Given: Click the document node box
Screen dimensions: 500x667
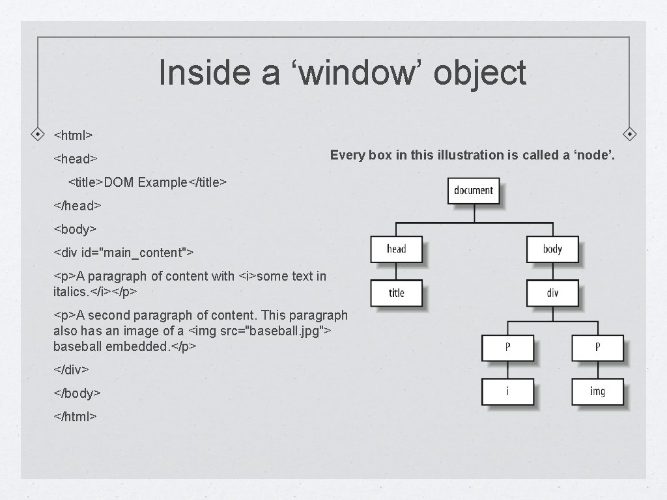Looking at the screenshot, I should (x=474, y=191).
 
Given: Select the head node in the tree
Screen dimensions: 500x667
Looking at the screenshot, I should (x=396, y=249).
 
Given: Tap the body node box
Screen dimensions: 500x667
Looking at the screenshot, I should (x=552, y=249).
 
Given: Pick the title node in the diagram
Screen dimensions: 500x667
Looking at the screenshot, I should (x=396, y=293).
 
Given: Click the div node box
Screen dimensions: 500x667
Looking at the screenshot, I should (x=552, y=293).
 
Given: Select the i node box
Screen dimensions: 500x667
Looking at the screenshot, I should (x=507, y=391).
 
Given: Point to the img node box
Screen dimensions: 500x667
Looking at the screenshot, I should (x=597, y=391).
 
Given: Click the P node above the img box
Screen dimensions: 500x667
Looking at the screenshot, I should (x=597, y=347).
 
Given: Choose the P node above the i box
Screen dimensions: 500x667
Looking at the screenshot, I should (x=507, y=347).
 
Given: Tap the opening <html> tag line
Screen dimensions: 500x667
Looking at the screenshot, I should (x=73, y=135).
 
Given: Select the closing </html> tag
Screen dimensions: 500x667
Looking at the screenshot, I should (x=75, y=416).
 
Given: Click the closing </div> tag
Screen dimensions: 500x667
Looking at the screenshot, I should (x=71, y=370).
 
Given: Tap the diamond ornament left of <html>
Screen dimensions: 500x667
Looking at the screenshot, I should (x=38, y=134).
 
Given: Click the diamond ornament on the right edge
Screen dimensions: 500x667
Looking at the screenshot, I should (x=630, y=134).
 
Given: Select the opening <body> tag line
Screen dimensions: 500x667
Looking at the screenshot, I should (x=75, y=229).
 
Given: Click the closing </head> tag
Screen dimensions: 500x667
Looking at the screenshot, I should (x=77, y=206).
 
